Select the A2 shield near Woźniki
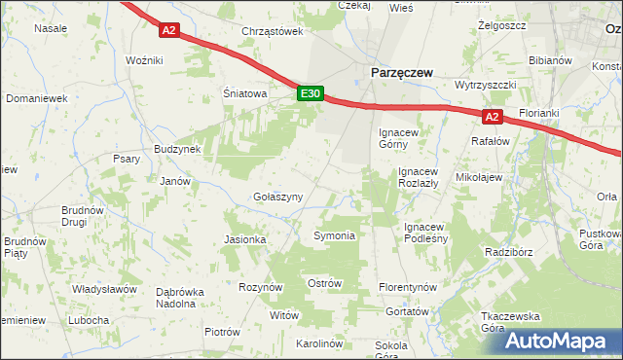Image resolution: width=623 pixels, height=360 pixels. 169,30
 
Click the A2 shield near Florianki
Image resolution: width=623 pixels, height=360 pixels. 493,117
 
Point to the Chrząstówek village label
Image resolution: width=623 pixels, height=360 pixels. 273,31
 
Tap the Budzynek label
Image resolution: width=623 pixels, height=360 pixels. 177,149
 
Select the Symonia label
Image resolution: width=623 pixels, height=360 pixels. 334,235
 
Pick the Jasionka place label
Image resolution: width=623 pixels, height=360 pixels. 245,239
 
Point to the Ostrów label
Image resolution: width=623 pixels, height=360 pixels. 325,283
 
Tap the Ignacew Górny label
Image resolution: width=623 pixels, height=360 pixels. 400,137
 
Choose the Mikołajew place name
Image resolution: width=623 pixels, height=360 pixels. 479,178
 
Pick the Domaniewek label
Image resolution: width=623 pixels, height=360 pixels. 36,98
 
